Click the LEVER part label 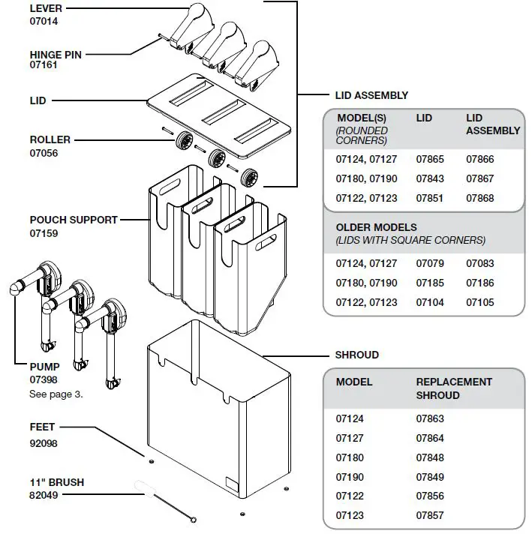46,8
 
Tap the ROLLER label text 50,139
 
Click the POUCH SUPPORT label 74,220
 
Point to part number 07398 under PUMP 44,380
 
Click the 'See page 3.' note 56,393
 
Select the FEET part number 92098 44,443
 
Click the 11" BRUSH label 56,482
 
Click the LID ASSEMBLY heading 371,95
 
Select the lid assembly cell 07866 480,159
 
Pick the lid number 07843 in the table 430,178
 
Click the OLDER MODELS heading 376,227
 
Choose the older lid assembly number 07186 480,283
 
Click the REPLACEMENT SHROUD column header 454,388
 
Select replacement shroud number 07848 430,457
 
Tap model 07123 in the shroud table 350,516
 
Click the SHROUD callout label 356,355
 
